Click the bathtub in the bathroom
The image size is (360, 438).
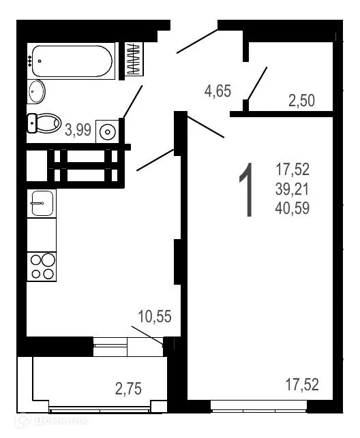(x=72, y=61)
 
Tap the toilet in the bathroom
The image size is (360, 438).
(x=44, y=123)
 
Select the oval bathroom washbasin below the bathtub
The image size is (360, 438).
(x=37, y=90)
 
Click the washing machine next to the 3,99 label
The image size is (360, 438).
(x=107, y=129)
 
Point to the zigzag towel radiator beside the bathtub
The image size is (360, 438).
(x=134, y=59)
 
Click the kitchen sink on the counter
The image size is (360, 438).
(x=42, y=202)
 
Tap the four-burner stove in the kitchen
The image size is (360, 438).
(x=42, y=266)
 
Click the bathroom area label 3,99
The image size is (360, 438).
(x=78, y=130)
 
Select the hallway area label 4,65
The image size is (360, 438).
(x=217, y=91)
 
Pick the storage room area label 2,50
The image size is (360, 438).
(x=301, y=101)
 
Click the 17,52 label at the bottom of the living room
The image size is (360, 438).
(x=302, y=385)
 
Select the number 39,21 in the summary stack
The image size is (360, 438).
(x=292, y=189)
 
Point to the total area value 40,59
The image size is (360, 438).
(x=292, y=208)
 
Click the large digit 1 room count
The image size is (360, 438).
(x=247, y=191)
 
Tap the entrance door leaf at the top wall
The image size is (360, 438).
(x=197, y=41)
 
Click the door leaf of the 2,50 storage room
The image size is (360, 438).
(x=256, y=84)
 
